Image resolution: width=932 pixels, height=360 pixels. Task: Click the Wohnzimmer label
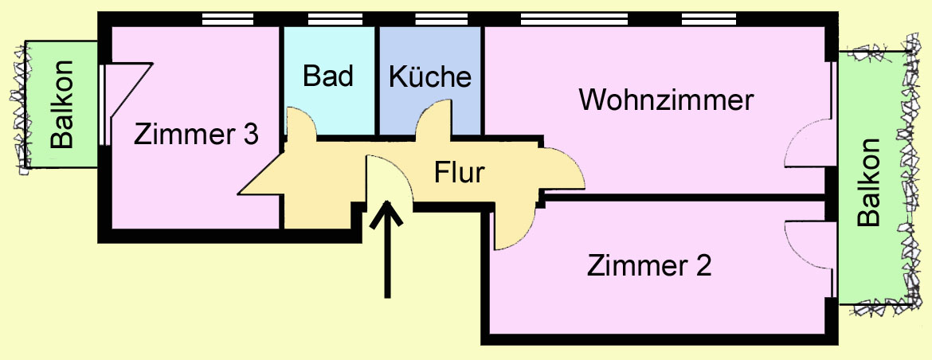click(x=666, y=101)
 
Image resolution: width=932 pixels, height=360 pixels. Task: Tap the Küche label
click(x=430, y=77)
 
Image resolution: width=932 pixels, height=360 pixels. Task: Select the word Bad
click(x=328, y=76)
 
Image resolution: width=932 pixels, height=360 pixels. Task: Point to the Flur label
click(x=460, y=172)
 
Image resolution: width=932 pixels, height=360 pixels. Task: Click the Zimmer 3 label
click(x=196, y=135)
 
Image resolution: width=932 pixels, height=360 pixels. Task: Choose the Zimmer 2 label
click(x=649, y=264)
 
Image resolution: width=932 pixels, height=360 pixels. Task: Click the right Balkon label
click(x=871, y=183)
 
